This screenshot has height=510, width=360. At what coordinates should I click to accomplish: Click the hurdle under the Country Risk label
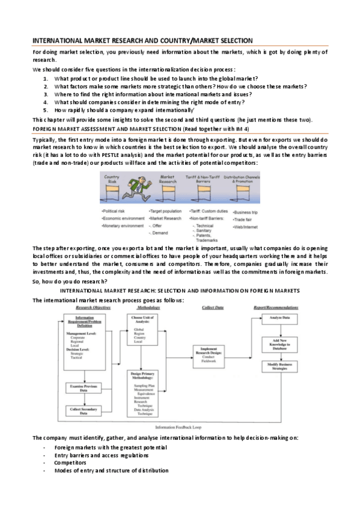coord(113,194)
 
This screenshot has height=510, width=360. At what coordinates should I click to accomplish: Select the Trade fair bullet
coord(245,220)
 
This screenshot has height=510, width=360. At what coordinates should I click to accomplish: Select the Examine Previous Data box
coord(84,389)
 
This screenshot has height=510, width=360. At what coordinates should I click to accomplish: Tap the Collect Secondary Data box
coord(84,411)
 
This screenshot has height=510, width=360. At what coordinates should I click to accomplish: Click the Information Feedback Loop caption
coord(178,426)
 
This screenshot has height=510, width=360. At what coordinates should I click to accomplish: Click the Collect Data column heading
coord(211,307)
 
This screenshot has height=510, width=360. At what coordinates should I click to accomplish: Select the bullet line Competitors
coord(70,463)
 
